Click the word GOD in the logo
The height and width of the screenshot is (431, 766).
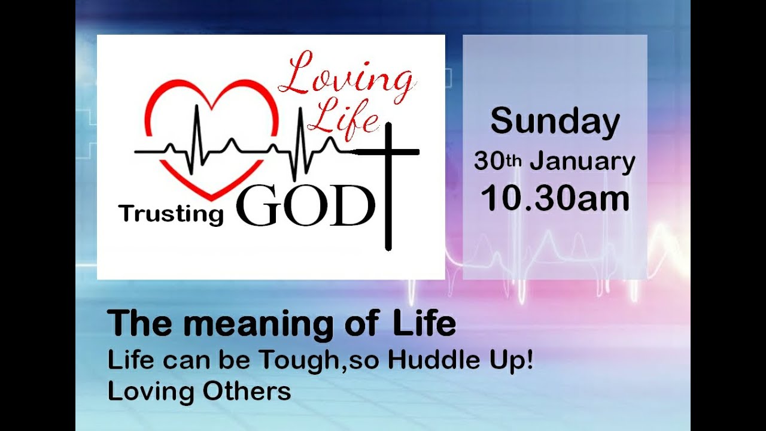tap(305, 207)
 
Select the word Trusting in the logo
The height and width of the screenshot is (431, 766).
tap(171, 213)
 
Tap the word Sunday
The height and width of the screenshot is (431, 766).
tap(555, 122)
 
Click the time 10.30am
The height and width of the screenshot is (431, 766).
tap(555, 199)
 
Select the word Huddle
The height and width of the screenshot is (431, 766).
tap(440, 360)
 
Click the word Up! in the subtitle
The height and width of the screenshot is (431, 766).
tap(515, 361)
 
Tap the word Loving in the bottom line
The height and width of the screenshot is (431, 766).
tap(151, 391)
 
